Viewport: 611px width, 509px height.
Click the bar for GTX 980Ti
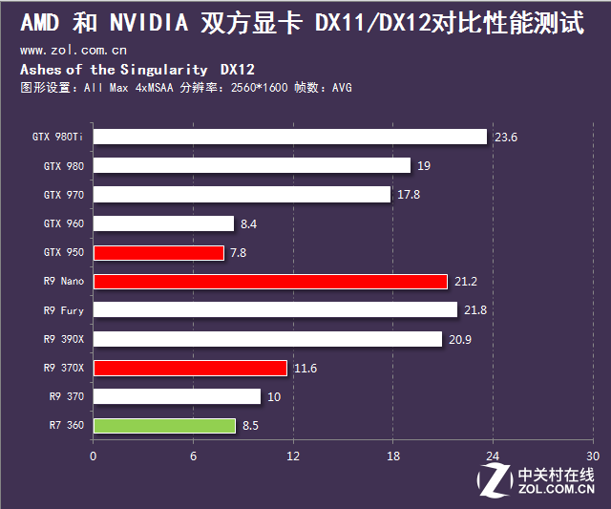[x=290, y=137]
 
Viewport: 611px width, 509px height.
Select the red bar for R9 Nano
[x=270, y=282]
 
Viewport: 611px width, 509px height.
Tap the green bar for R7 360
[x=164, y=426]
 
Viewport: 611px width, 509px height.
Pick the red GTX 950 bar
[x=158, y=253]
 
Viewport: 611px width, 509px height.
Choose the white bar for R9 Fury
[x=275, y=310]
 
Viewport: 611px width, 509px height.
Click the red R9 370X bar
[x=190, y=368]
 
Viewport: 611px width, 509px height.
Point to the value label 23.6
[x=505, y=138]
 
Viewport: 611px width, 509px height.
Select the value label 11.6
[x=305, y=369]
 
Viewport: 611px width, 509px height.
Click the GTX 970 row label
[x=63, y=195]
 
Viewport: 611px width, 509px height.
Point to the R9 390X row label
[x=63, y=339]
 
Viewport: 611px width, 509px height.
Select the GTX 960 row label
[x=63, y=223]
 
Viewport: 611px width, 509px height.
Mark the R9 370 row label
[x=66, y=396]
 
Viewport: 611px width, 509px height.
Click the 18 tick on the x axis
[x=393, y=456]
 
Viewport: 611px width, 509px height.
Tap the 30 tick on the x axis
[x=593, y=456]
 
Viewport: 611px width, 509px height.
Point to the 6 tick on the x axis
[x=193, y=456]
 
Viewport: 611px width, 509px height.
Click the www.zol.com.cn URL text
[x=74, y=50]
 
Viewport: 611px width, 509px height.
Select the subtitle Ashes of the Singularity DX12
[x=137, y=70]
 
